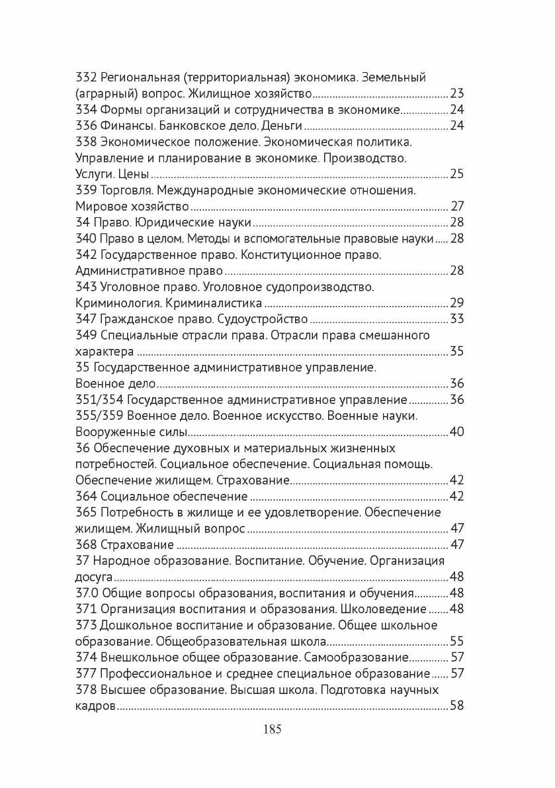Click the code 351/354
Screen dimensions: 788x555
(100, 400)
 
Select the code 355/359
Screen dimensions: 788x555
(100, 416)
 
